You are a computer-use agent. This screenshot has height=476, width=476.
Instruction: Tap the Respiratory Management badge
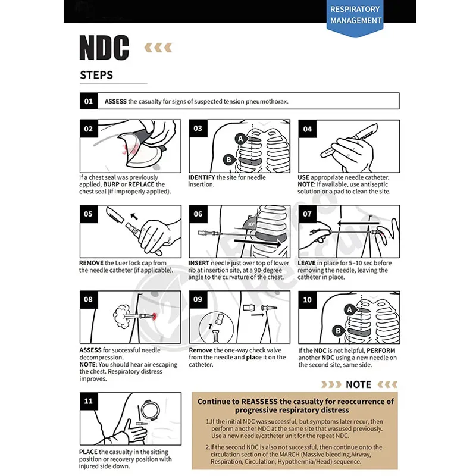point(355,15)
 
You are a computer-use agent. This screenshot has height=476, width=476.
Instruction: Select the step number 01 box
point(89,101)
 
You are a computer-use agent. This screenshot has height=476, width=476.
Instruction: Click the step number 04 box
point(307,129)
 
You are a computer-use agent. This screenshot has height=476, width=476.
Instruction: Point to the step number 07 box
point(307,214)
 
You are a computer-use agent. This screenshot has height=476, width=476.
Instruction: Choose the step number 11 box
point(89,400)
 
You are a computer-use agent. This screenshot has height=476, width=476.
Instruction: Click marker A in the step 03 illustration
point(241,139)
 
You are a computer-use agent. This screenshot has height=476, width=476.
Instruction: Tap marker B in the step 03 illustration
point(227,159)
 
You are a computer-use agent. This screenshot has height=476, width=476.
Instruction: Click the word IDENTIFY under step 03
point(202,177)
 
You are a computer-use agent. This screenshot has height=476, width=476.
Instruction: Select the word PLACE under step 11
point(89,452)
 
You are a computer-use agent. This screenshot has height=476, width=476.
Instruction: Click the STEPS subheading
point(96,76)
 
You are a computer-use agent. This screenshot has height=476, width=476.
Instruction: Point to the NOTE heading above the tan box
point(358,384)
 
